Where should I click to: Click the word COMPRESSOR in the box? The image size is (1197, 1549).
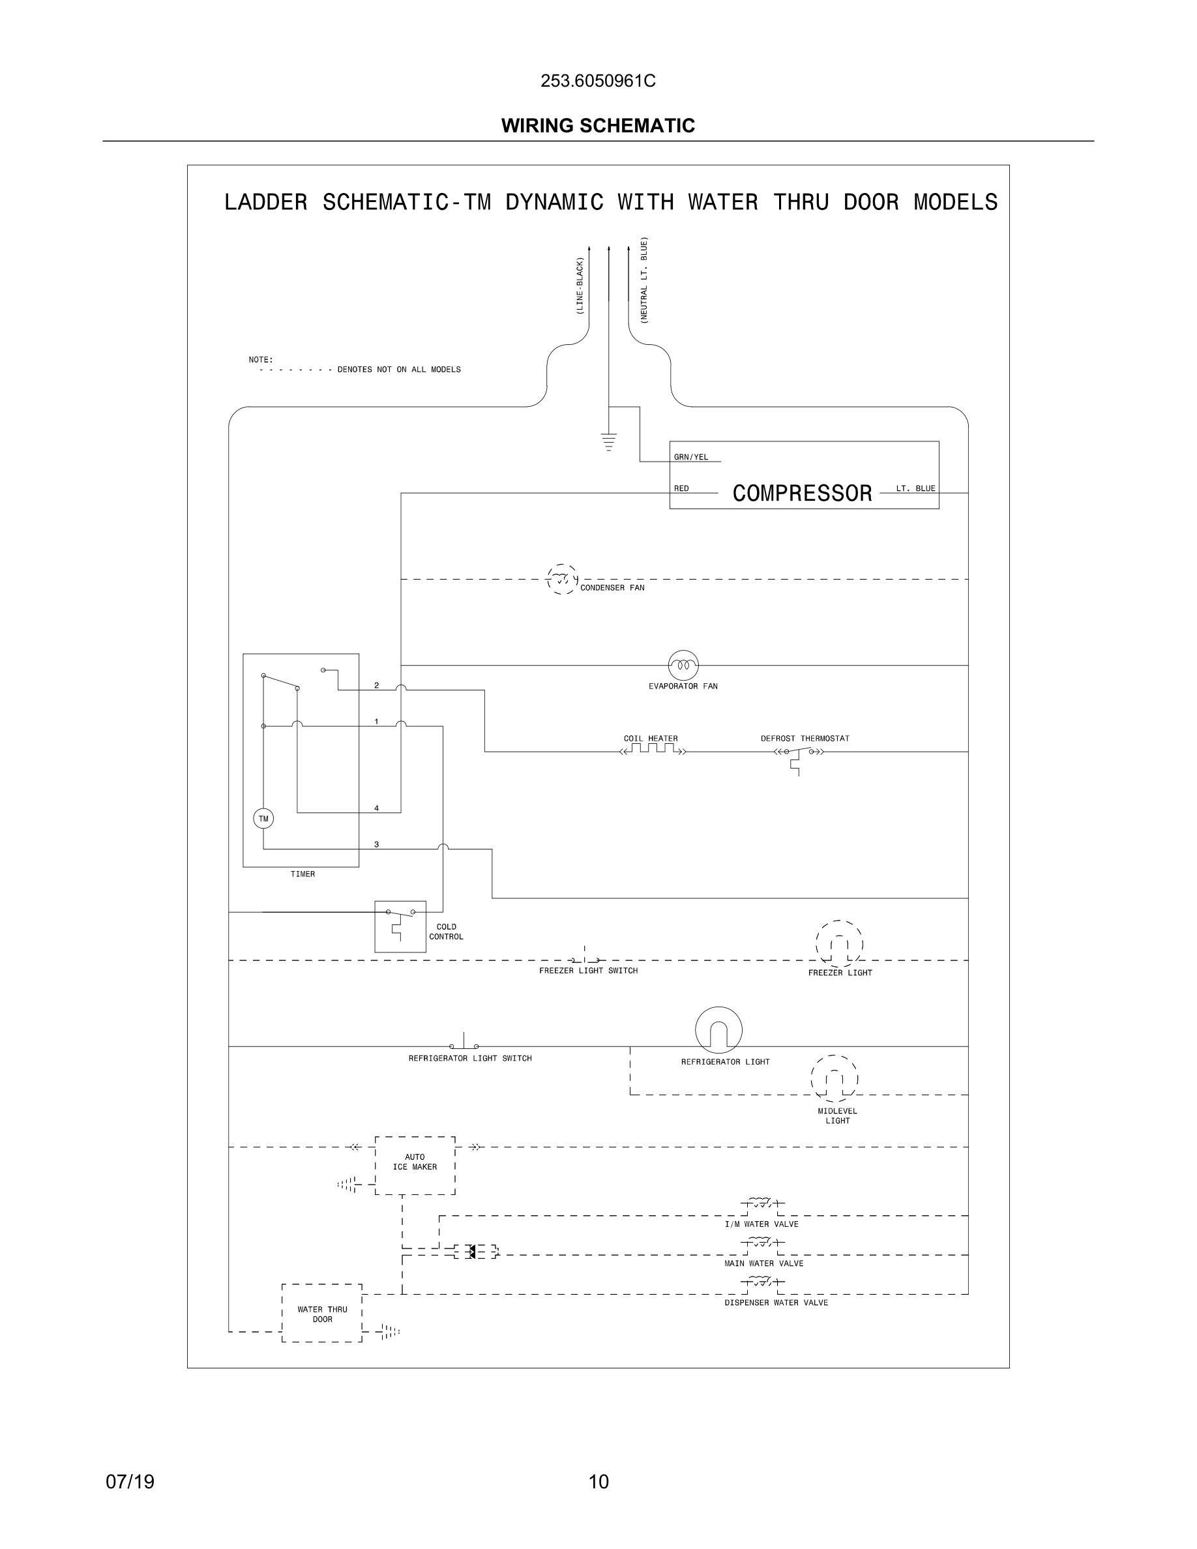click(801, 493)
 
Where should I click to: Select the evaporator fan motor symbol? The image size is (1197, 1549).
click(683, 664)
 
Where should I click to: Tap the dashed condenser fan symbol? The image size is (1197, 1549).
click(561, 580)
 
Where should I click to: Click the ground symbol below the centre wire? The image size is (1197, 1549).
click(608, 441)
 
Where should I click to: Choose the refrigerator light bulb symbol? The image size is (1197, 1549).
click(718, 1031)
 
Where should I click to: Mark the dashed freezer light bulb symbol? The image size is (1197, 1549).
click(839, 944)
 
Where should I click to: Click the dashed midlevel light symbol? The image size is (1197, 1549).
click(834, 1080)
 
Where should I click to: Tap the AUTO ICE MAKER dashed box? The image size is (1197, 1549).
click(415, 1165)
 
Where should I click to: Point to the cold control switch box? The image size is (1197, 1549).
click(400, 926)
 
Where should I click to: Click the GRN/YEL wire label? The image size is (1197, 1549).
click(690, 457)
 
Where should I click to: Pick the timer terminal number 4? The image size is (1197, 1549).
click(377, 808)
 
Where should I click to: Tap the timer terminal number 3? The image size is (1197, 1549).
click(377, 844)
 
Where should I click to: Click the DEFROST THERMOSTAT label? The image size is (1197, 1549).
click(805, 739)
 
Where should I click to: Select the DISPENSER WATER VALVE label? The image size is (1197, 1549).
click(776, 1302)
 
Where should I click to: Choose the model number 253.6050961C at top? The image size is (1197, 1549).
click(598, 81)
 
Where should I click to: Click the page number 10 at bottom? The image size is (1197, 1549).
click(598, 1481)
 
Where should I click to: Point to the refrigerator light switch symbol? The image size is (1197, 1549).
click(464, 1044)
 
